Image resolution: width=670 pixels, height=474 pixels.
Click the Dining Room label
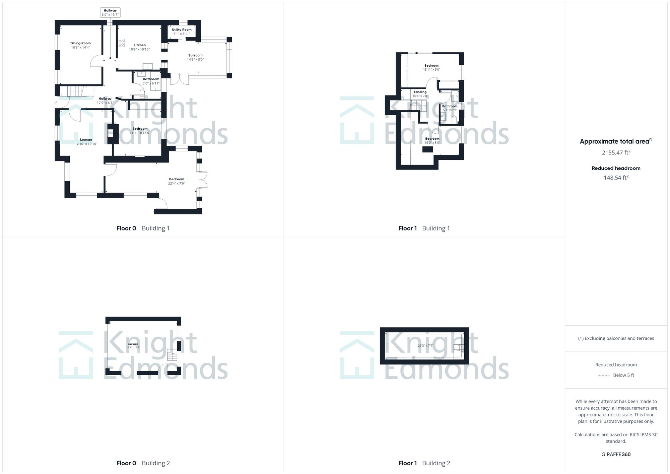80,43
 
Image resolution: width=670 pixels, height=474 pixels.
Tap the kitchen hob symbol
121,43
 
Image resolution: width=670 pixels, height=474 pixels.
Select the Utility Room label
182,30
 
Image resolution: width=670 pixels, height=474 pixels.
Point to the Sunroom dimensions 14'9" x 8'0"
195,60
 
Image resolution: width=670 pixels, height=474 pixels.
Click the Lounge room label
86,140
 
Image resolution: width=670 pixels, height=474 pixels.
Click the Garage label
133,344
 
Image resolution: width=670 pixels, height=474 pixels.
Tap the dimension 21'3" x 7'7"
425,346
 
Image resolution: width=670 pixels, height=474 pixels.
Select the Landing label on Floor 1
420,92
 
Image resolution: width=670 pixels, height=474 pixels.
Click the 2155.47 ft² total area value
616,153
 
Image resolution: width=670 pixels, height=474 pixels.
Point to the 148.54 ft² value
616,178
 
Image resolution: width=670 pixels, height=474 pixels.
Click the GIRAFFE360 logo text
616,455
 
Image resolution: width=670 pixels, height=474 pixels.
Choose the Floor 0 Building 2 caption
143,463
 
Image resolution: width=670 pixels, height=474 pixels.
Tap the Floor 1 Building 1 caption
424,228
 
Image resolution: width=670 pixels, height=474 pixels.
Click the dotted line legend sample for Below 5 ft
604,375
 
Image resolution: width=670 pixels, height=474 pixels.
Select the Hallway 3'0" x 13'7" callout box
110,13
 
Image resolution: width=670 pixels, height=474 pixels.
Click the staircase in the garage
172,356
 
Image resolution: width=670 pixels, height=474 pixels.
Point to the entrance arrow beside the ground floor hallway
56,102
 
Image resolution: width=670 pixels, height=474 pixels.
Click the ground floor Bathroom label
151,79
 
